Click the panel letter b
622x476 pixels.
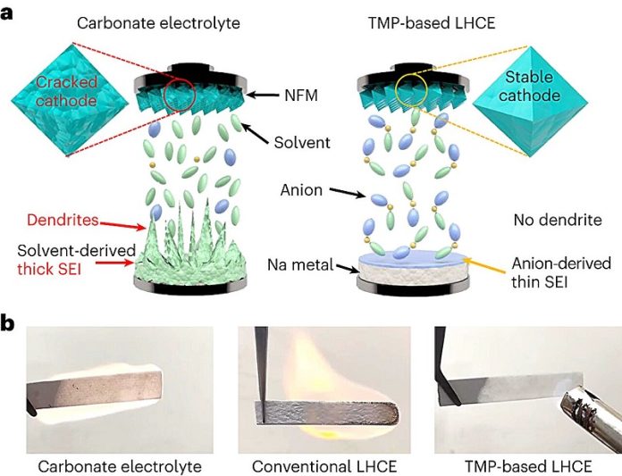(x=7, y=323)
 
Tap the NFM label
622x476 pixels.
(x=301, y=96)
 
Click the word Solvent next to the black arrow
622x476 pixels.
(x=302, y=142)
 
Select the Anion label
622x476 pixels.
(x=301, y=190)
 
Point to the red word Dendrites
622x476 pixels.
(x=63, y=220)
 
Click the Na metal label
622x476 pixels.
(x=300, y=264)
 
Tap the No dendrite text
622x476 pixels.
(x=558, y=220)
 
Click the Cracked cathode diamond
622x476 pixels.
(x=71, y=99)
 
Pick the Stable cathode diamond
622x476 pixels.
(x=530, y=102)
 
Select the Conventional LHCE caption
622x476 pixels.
(x=324, y=466)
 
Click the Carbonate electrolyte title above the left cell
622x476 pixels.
(x=158, y=22)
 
